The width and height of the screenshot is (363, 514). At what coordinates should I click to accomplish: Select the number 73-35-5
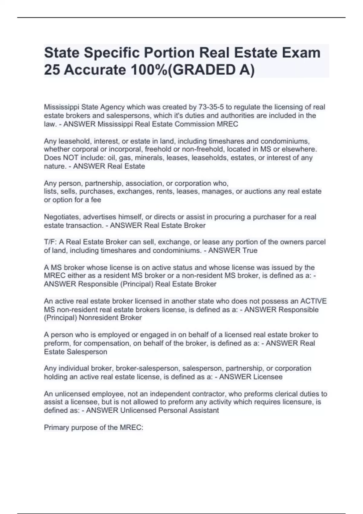(211, 107)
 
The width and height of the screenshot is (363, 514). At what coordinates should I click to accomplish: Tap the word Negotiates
(60, 217)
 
